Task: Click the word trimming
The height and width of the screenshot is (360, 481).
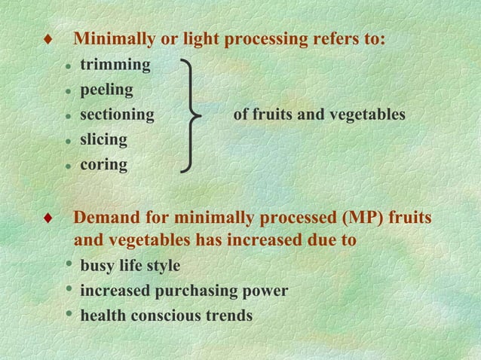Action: [x=115, y=65]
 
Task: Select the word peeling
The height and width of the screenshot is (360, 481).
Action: [x=106, y=90]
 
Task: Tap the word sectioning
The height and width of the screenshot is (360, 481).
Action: [x=117, y=115]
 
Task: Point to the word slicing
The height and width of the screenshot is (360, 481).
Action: [x=103, y=140]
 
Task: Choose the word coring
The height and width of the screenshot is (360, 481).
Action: [x=103, y=164]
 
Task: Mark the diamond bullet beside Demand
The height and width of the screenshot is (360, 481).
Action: [x=47, y=218]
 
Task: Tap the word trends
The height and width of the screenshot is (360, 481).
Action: [x=228, y=316]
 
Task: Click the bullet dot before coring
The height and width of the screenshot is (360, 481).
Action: [x=68, y=165]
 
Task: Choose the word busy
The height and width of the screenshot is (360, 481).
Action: [x=97, y=266]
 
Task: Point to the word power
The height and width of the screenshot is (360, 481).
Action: [x=265, y=291]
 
